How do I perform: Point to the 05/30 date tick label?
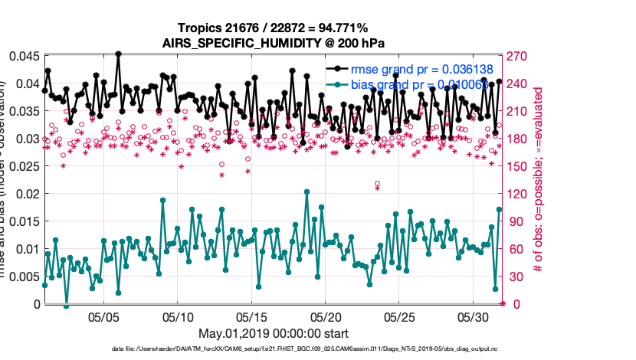(x=473, y=316)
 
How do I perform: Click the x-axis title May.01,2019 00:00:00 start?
(x=273, y=333)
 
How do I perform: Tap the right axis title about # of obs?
(x=539, y=180)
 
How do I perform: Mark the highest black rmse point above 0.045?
(x=118, y=54)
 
